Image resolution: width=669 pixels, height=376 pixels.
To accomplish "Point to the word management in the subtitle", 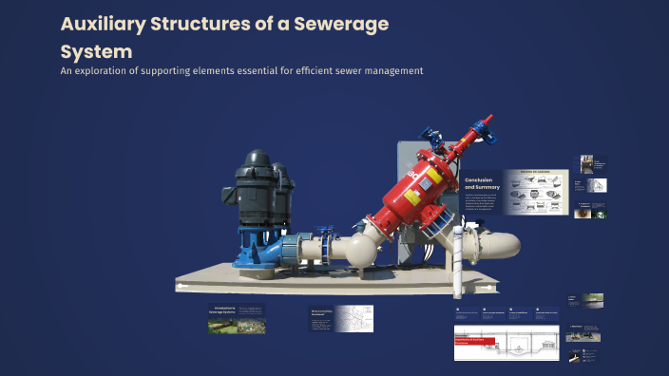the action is [x=387, y=71].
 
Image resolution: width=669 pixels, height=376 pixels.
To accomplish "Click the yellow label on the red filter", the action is [x=411, y=197].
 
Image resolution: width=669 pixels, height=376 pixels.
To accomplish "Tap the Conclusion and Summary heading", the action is [x=481, y=182].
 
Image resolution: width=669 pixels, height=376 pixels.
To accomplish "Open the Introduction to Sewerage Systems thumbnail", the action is [x=237, y=319].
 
